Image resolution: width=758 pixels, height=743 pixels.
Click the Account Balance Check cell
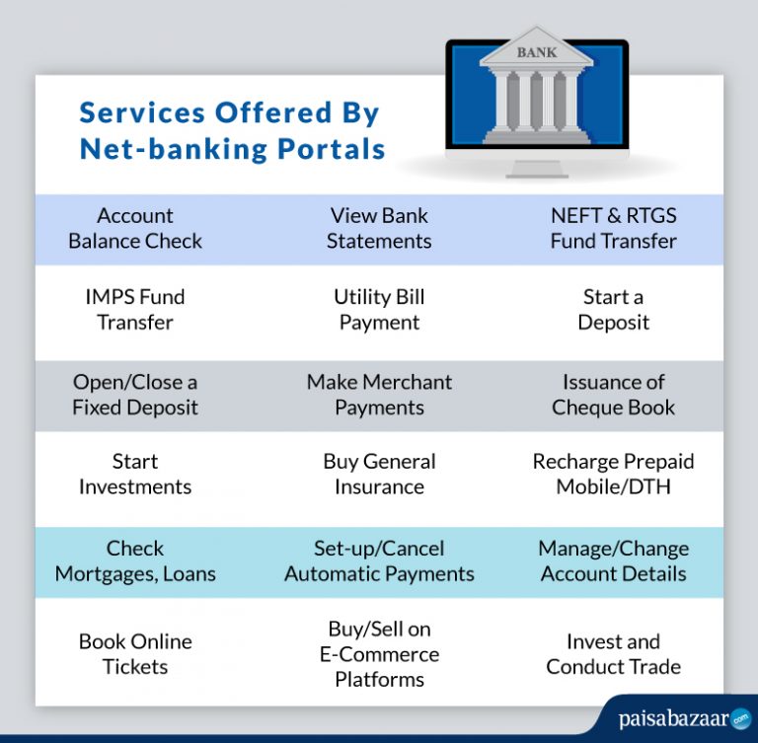(135, 228)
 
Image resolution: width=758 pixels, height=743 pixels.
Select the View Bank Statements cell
(379, 228)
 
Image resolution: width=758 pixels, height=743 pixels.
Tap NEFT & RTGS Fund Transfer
(613, 228)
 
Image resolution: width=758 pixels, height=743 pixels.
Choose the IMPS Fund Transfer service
(135, 310)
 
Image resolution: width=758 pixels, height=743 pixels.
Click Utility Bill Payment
(379, 310)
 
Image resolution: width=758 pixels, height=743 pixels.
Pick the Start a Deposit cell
(613, 310)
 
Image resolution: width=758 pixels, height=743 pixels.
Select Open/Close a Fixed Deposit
(135, 395)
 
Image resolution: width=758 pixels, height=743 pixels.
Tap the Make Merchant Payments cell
(379, 395)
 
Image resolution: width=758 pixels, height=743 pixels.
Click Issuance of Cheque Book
(613, 395)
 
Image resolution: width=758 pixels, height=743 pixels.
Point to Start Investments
(135, 474)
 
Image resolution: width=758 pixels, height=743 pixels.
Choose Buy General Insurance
(379, 474)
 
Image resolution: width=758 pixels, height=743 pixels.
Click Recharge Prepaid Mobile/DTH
(613, 474)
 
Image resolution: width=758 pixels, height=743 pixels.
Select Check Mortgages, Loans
(135, 560)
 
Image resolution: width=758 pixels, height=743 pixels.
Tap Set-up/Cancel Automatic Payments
(379, 560)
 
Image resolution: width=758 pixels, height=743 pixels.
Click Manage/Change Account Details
(613, 560)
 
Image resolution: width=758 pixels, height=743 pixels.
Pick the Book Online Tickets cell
(135, 654)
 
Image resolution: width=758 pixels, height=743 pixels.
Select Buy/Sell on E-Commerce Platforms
(379, 654)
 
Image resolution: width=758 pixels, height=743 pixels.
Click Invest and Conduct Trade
(613, 654)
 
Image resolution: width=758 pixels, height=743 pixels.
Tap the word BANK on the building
(536, 52)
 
